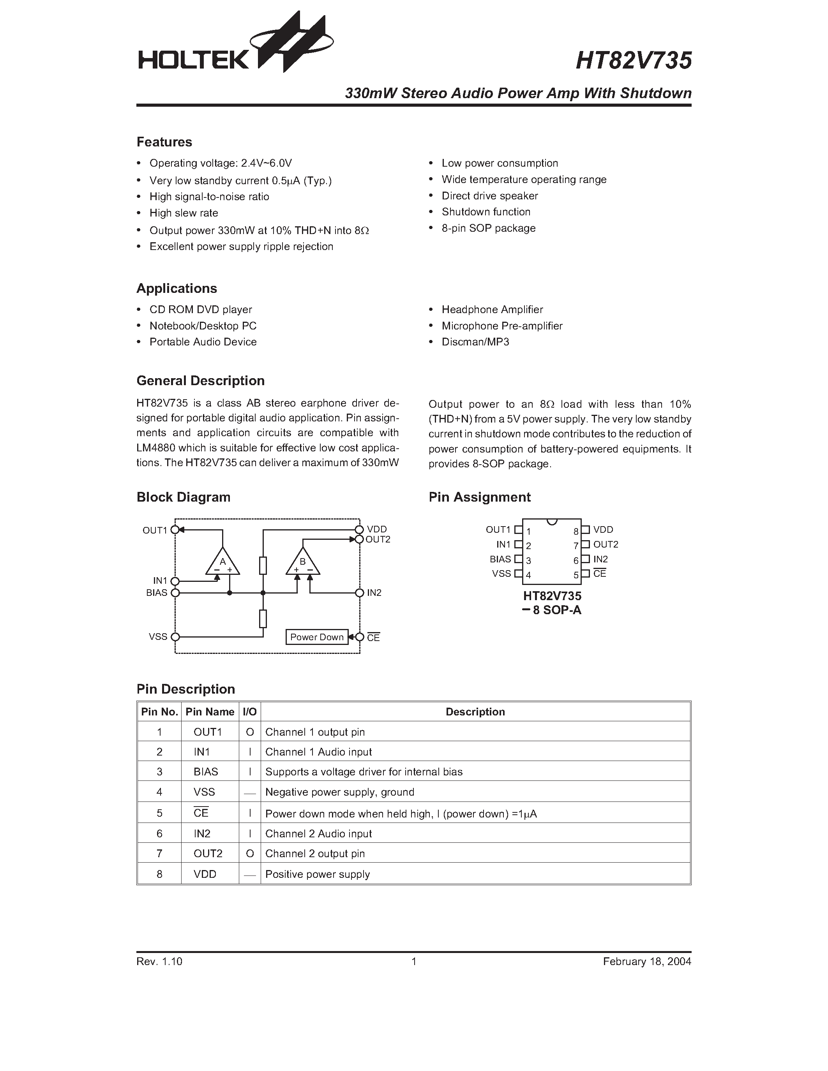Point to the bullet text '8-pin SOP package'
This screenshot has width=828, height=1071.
point(488,228)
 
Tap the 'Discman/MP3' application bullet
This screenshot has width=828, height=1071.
point(475,342)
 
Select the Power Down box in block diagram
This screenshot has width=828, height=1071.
point(317,637)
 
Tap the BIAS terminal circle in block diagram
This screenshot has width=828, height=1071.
point(175,593)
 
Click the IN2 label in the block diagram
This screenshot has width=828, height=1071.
point(374,593)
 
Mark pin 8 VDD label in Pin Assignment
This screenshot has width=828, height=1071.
point(603,530)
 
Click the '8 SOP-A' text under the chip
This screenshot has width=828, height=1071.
point(557,611)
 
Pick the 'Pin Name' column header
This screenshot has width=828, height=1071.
point(210,712)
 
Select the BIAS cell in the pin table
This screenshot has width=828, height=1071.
point(205,772)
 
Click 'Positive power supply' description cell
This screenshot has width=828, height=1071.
point(317,874)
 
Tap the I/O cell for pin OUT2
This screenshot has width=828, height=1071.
point(250,854)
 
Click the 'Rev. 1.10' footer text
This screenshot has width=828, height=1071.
point(159,962)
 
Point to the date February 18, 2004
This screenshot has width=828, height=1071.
point(646,962)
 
